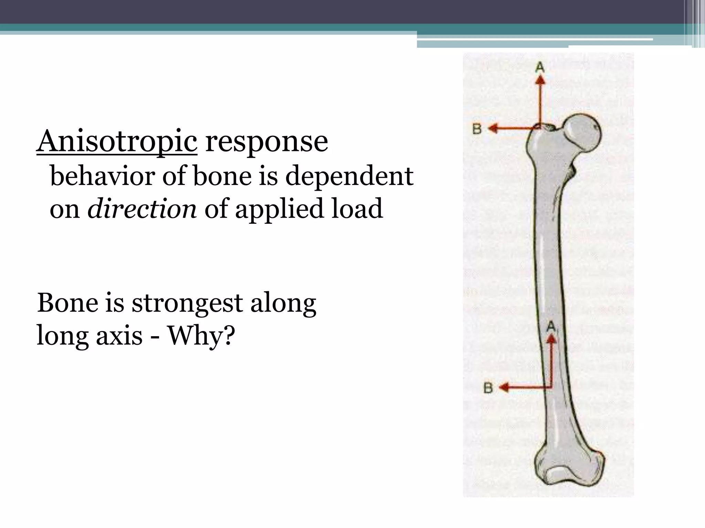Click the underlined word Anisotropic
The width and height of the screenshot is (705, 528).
pyautogui.click(x=117, y=142)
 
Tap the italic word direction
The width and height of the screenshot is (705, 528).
pyautogui.click(x=142, y=209)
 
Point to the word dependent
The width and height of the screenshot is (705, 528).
pyautogui.click(x=349, y=176)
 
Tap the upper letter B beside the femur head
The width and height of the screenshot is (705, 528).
pyautogui.click(x=477, y=129)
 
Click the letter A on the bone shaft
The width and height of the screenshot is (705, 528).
pyautogui.click(x=551, y=326)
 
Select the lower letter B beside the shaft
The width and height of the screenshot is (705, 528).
pyautogui.click(x=488, y=388)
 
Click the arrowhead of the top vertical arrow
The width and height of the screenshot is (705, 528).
pyautogui.click(x=540, y=80)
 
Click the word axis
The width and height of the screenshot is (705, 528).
pyautogui.click(x=119, y=335)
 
